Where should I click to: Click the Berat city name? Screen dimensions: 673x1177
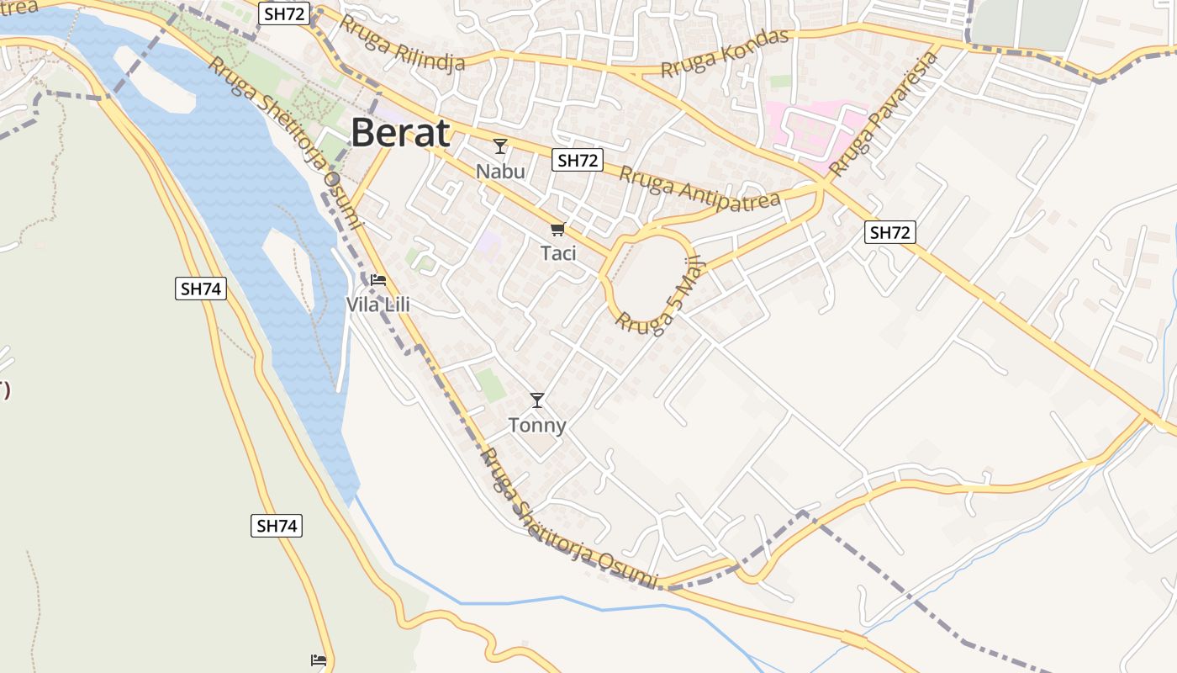point(400,133)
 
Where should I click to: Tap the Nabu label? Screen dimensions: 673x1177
point(500,172)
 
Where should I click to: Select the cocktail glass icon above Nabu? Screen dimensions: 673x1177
point(500,146)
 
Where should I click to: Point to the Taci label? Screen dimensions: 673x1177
point(558,252)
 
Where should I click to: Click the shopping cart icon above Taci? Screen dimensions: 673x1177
point(557,229)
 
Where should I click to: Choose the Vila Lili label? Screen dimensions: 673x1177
point(378,305)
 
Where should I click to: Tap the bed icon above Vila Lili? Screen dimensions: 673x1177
point(378,279)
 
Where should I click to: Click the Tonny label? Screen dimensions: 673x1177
point(537,426)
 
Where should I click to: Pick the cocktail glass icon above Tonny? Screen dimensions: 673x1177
point(537,400)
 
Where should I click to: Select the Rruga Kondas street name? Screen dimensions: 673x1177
point(725,52)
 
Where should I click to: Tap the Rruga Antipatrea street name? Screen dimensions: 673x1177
point(699,188)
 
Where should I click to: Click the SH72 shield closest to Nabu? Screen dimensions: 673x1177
point(578,160)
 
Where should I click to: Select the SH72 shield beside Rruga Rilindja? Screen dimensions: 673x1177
point(284,13)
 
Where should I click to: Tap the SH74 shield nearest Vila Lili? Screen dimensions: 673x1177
point(201,289)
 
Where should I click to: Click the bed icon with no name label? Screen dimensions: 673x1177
point(319,660)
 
